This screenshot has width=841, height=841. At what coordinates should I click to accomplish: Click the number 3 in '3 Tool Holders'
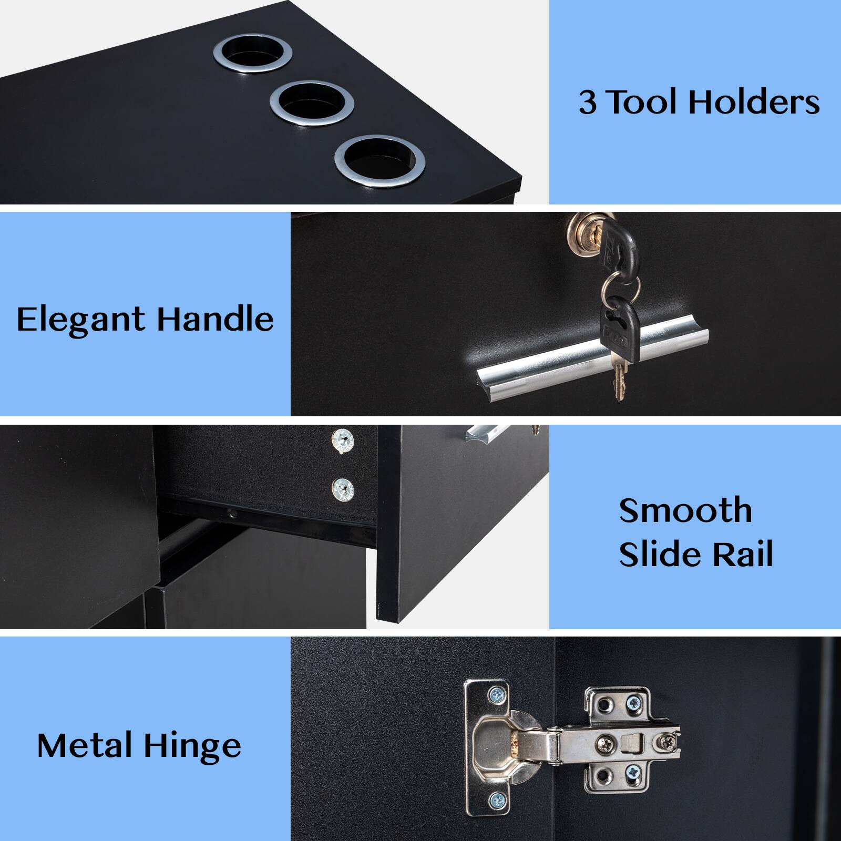(588, 102)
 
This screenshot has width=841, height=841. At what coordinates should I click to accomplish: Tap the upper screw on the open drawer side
(343, 439)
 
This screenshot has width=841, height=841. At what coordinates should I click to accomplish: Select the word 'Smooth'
(685, 510)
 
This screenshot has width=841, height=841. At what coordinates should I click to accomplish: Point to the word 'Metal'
(85, 745)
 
